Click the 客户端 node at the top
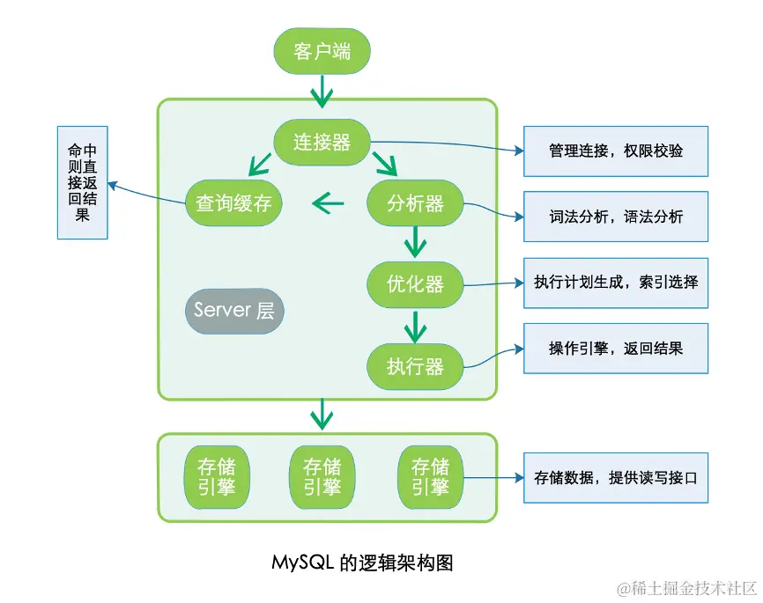(322, 51)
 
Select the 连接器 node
(322, 142)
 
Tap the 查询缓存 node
(233, 203)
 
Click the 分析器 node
(415, 203)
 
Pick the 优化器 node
(415, 284)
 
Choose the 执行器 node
(415, 365)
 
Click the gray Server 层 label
(233, 310)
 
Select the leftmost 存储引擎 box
(216, 477)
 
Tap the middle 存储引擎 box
(322, 477)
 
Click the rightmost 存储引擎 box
(430, 477)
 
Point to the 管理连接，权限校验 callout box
(615, 151)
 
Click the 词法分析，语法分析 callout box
(615, 217)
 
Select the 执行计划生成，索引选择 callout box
(615, 283)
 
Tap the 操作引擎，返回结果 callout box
(615, 348)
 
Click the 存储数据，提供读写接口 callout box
(615, 478)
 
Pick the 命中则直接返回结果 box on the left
(83, 182)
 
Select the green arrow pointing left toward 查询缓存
(328, 204)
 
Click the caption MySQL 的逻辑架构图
(362, 563)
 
